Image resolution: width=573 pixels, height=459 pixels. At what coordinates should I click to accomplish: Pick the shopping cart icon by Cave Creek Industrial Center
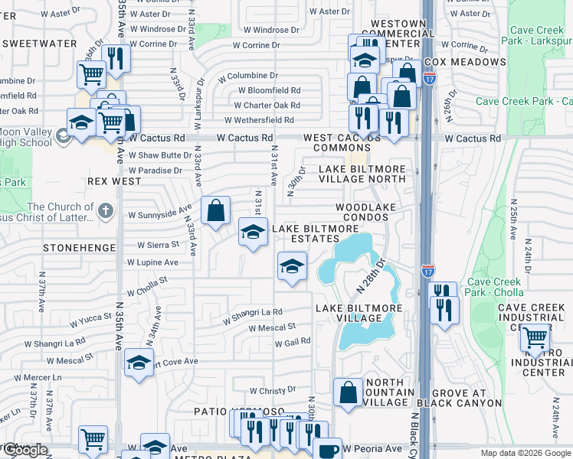point(534,337)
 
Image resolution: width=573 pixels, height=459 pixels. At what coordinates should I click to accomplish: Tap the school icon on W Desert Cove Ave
point(139,362)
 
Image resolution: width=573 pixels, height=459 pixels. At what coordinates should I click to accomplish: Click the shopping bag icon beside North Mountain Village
point(349,392)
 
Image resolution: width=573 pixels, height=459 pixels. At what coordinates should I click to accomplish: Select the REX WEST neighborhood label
point(114,181)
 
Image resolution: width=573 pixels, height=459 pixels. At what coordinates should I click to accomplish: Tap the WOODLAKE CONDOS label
point(373,213)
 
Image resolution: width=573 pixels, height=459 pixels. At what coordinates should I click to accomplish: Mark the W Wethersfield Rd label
point(259,120)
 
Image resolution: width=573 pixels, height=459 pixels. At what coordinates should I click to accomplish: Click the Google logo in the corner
point(26,450)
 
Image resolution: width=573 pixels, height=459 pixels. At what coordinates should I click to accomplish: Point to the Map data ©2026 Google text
point(525,453)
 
